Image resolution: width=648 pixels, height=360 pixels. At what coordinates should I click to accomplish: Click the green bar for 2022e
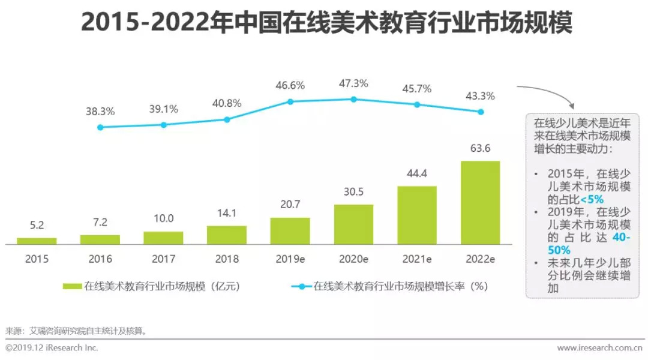click(x=480, y=203)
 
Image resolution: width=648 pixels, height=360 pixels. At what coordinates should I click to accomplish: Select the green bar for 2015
click(x=37, y=241)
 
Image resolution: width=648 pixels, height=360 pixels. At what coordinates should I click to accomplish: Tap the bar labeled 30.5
click(x=353, y=224)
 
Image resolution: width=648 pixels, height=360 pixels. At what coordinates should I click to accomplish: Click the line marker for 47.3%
click(x=353, y=99)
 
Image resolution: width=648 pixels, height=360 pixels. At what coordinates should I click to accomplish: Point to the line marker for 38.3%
click(x=100, y=127)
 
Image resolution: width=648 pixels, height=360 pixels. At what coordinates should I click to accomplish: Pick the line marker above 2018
click(x=227, y=119)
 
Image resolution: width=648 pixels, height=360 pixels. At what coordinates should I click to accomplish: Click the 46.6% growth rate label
click(x=290, y=85)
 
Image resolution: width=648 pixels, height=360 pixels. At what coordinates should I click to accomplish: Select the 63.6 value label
click(x=480, y=149)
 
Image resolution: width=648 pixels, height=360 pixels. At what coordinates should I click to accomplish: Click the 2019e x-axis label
click(x=290, y=259)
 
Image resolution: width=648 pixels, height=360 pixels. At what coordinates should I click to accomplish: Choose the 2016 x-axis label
click(x=100, y=259)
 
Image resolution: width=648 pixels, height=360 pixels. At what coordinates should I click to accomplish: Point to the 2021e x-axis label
click(x=416, y=259)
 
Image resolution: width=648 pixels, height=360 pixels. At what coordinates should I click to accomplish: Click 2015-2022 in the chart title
click(x=144, y=23)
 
